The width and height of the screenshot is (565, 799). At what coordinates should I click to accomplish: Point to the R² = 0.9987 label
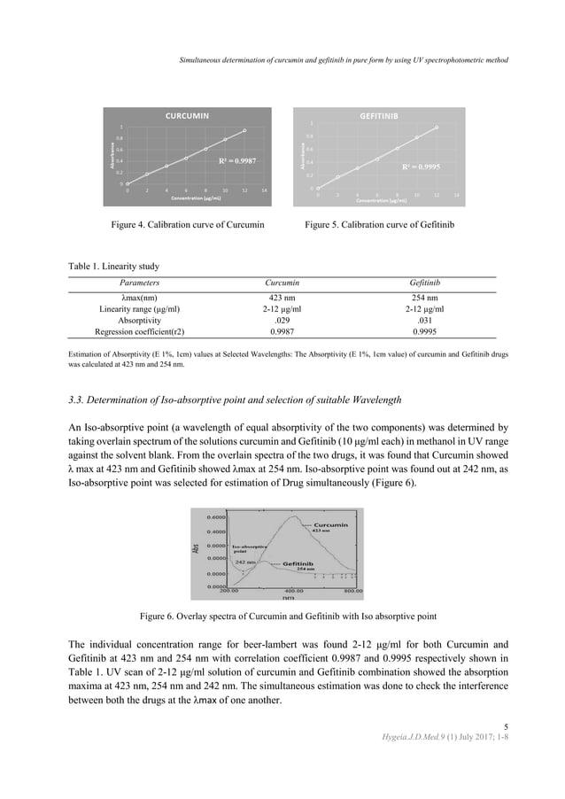[237, 160]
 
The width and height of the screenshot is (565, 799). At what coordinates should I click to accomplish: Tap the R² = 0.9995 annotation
[422, 167]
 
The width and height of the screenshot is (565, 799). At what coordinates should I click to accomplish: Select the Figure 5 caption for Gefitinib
[379, 227]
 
